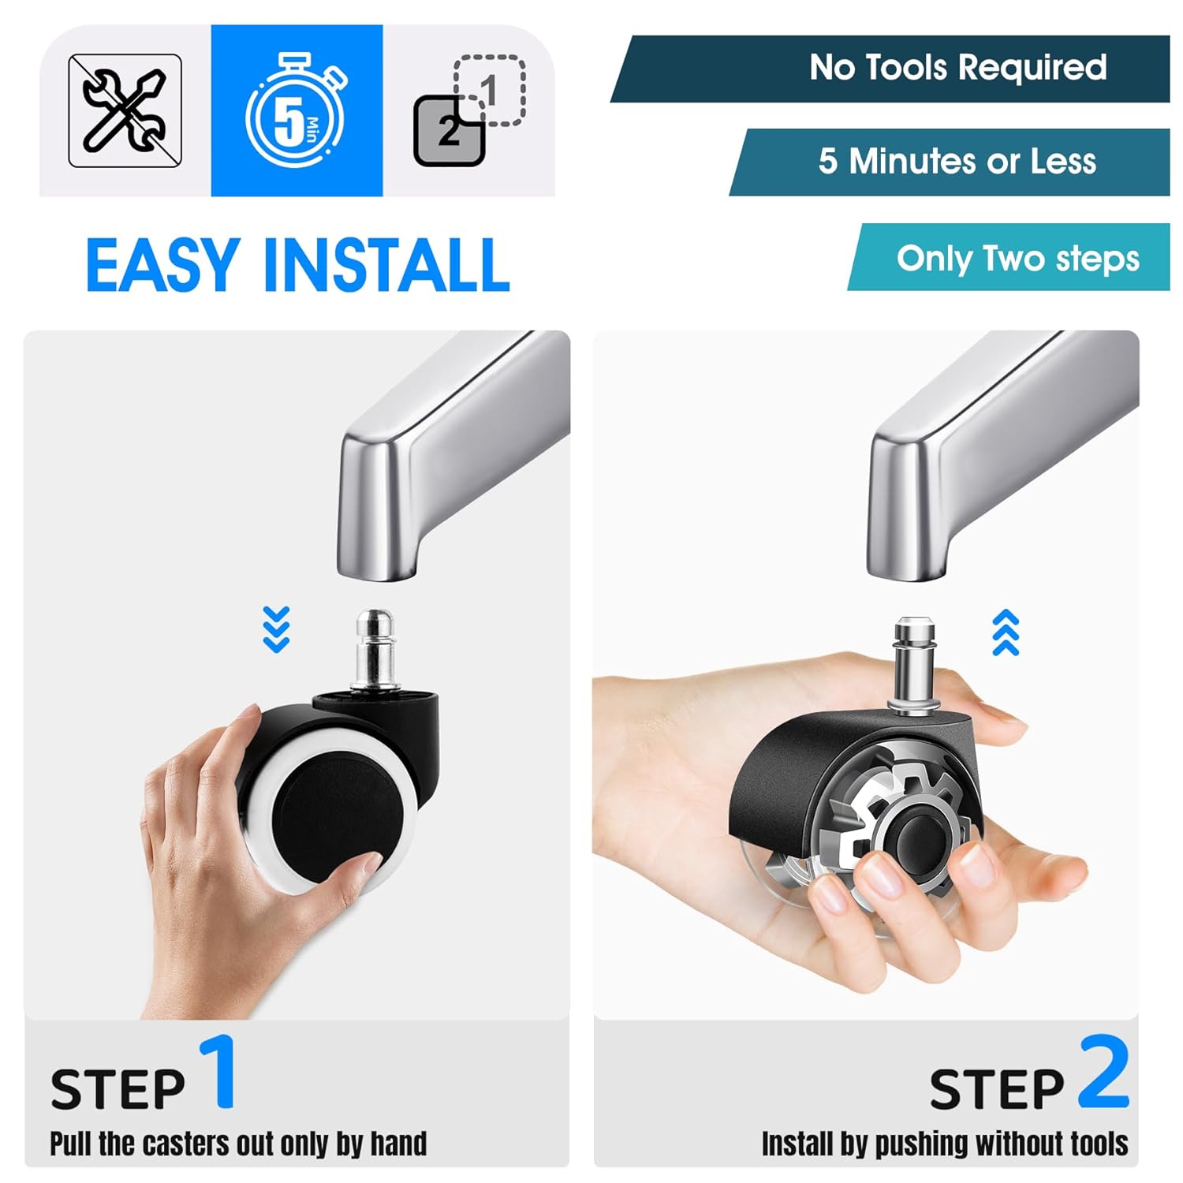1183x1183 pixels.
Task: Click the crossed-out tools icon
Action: click(125, 110)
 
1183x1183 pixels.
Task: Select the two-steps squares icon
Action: click(469, 110)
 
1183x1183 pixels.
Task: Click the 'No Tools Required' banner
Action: click(890, 69)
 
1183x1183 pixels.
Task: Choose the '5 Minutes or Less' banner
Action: click(950, 162)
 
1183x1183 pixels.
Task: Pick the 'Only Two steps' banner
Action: click(1009, 257)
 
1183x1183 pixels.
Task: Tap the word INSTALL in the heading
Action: click(386, 265)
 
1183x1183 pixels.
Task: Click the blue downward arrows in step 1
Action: click(276, 629)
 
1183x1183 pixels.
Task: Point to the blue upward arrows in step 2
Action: click(1006, 633)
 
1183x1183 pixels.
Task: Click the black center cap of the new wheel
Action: click(920, 840)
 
